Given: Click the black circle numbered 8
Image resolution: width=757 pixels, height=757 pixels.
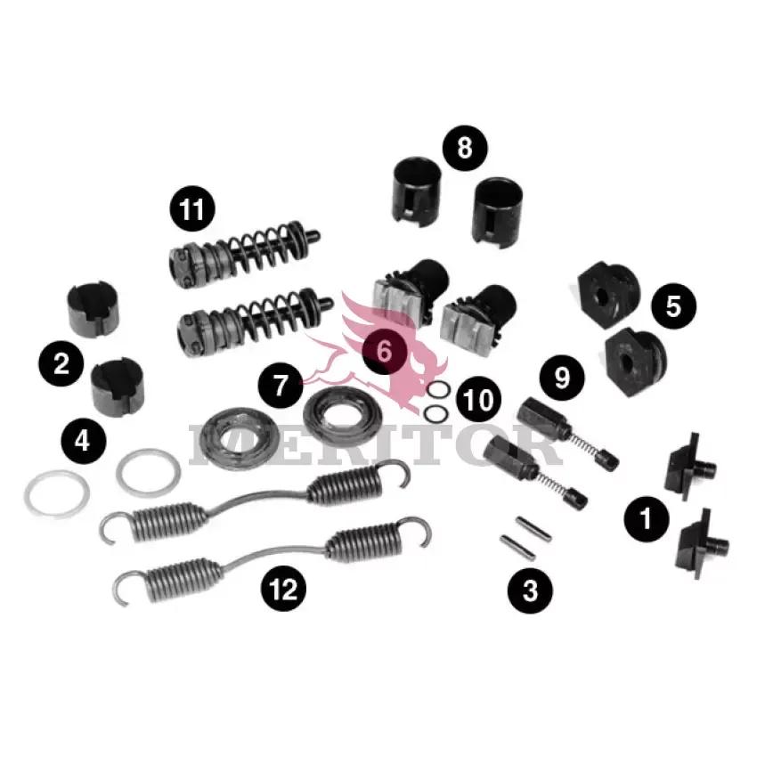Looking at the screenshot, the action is (465, 148).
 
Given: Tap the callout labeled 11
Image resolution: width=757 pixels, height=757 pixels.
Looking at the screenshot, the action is (192, 209).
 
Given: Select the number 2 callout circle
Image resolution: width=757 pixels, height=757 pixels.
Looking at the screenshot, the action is (61, 363).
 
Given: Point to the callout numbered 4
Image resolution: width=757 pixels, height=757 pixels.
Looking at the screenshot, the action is (84, 441).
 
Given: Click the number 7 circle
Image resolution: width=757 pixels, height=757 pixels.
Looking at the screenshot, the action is (281, 386).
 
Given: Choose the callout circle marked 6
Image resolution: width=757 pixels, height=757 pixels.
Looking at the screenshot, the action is (385, 351).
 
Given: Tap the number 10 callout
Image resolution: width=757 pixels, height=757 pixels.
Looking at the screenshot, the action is (478, 399).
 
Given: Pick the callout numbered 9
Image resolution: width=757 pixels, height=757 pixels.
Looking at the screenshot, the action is (562, 378).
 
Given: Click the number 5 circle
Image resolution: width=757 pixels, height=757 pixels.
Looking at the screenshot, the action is (673, 306).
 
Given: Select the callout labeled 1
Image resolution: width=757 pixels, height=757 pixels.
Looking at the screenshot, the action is (647, 519).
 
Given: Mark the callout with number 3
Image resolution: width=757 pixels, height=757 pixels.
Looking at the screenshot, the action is (530, 590).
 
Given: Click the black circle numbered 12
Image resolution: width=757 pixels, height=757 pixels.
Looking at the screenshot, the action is (284, 588).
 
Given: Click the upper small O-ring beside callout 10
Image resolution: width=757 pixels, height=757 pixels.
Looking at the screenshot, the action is (439, 389).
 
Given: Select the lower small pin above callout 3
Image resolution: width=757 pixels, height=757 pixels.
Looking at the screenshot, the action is (517, 548).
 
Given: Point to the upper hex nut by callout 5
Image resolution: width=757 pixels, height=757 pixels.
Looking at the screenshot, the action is (609, 294).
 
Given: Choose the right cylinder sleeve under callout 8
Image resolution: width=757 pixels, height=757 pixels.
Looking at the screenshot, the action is (498, 213).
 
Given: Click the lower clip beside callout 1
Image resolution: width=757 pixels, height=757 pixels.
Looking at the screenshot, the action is (704, 544).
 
